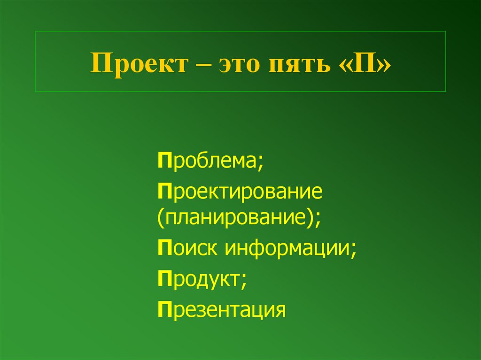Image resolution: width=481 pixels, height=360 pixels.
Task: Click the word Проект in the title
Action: tap(137, 62)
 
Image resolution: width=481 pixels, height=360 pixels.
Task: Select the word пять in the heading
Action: tap(300, 62)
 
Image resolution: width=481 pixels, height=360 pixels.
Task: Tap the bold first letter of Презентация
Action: tap(163, 309)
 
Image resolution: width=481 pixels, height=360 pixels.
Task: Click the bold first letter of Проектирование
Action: tap(163, 192)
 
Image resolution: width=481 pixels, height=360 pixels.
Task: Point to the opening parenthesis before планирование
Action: tap(161, 218)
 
